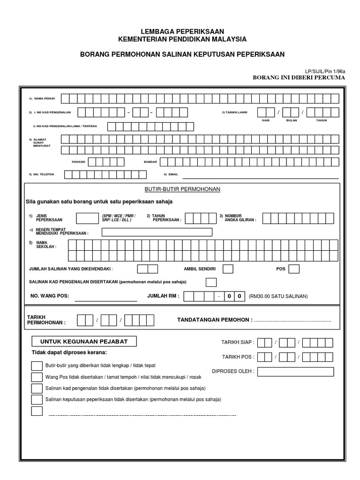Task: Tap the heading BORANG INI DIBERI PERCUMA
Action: pyautogui.click(x=299, y=77)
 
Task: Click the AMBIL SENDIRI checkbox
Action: pyautogui.click(x=228, y=269)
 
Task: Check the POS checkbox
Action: pyautogui.click(x=294, y=269)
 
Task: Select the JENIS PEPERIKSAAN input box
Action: pyautogui.click(x=87, y=218)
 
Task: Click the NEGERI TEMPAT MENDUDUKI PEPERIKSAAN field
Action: pyautogui.click(x=157, y=232)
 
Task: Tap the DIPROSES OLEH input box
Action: pyautogui.click(x=295, y=372)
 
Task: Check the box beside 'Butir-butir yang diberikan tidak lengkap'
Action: pyautogui.click(x=37, y=366)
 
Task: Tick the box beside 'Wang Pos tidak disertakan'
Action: pyautogui.click(x=37, y=377)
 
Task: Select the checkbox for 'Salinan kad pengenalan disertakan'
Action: pyautogui.click(x=211, y=282)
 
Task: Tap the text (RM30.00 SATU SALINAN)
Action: pyautogui.click(x=278, y=296)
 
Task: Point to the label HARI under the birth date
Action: pyautogui.click(x=266, y=120)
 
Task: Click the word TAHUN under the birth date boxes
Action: pyautogui.click(x=321, y=120)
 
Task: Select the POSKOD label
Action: pyautogui.click(x=78, y=162)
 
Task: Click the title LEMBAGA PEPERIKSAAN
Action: pyautogui.click(x=181, y=31)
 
